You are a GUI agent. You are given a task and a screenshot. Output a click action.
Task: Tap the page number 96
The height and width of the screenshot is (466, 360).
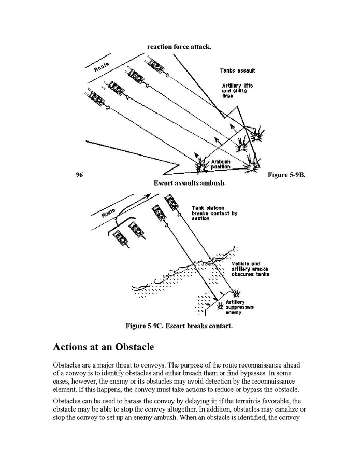pyautogui.click(x=79, y=175)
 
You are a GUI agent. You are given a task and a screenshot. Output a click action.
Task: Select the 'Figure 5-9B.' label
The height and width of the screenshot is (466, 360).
pyautogui.click(x=286, y=175)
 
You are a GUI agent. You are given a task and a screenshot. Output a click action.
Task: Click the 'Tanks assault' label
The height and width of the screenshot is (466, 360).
pyautogui.click(x=237, y=70)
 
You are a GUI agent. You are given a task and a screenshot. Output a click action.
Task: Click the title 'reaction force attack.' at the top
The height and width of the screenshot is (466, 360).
pyautogui.click(x=179, y=47)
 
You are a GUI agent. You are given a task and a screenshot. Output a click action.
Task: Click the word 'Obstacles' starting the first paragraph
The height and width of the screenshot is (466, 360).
pyautogui.click(x=68, y=365)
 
